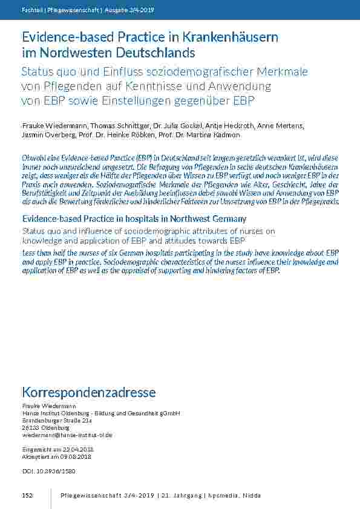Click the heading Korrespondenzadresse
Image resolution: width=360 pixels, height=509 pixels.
[89, 392]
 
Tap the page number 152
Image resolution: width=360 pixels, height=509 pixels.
[27, 495]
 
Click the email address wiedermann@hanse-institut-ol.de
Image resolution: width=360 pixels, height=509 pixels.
[67, 435]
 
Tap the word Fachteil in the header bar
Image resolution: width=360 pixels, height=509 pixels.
[32, 10]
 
